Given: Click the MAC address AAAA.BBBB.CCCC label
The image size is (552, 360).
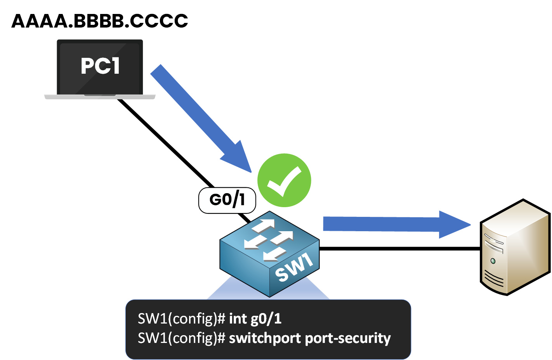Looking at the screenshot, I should pyautogui.click(x=100, y=21).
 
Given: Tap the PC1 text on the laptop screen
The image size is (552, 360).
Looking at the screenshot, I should pyautogui.click(x=100, y=66).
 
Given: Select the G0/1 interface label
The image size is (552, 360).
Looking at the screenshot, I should pyautogui.click(x=227, y=200).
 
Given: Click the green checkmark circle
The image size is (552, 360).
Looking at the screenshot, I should pyautogui.click(x=284, y=180).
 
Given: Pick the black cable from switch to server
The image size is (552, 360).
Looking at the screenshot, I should pyautogui.click(x=400, y=249).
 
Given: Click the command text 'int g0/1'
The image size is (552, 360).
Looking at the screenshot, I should pyautogui.click(x=255, y=319).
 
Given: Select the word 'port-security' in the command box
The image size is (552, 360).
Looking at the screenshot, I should pyautogui.click(x=348, y=338).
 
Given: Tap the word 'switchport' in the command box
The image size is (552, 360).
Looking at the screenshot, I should pyautogui.click(x=265, y=338).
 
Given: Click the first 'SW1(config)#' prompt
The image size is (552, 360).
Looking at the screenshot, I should pyautogui.click(x=181, y=319).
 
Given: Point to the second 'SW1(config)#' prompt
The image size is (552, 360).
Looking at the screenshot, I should pyautogui.click(x=181, y=338).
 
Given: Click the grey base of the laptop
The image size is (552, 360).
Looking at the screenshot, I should pyautogui.click(x=100, y=97).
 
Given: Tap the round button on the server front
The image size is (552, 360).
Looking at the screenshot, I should pyautogui.click(x=493, y=261).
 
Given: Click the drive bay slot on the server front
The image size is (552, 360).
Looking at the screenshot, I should pyautogui.click(x=493, y=244).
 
